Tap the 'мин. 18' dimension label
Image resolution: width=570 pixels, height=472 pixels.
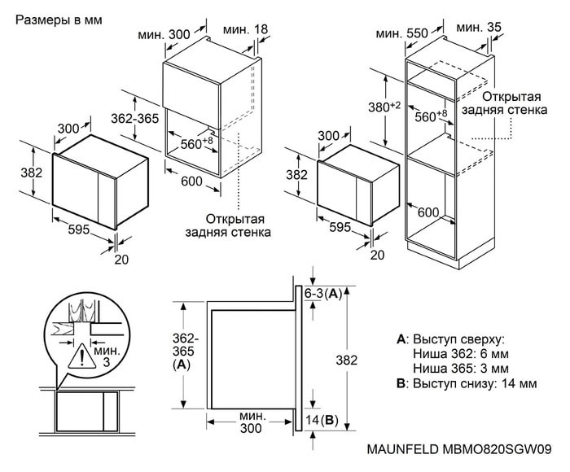tap(247, 30)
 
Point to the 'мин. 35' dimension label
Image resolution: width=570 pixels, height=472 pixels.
tap(480, 28)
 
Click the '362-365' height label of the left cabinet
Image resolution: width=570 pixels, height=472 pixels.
tap(134, 119)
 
